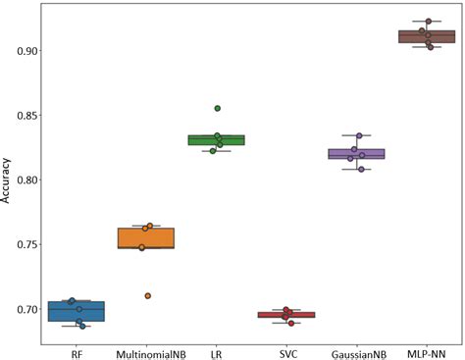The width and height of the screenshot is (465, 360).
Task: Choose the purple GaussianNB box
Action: point(357,154)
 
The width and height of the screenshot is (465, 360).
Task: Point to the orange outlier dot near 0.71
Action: point(147,295)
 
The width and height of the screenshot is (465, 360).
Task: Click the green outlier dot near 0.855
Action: point(218,108)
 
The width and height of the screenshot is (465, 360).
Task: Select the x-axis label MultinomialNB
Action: point(146,352)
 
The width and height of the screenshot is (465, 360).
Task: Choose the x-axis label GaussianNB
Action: point(357,352)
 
